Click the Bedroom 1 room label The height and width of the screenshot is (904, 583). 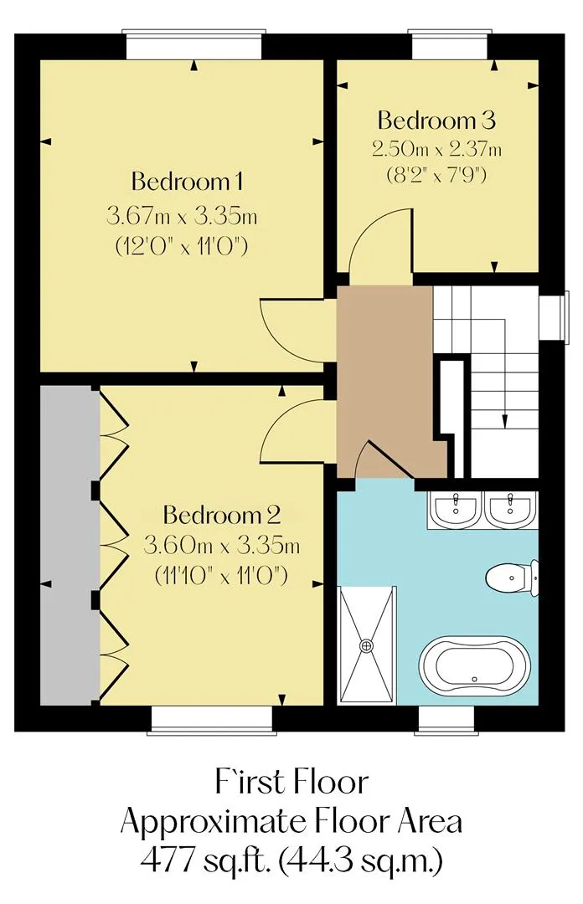click(x=187, y=182)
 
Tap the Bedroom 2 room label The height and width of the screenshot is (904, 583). click(x=222, y=515)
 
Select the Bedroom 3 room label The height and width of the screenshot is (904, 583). click(x=436, y=121)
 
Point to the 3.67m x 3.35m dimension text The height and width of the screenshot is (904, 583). click(x=182, y=217)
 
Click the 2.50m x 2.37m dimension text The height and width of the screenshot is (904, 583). click(x=436, y=149)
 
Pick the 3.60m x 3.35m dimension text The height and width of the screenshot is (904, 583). click(x=222, y=545)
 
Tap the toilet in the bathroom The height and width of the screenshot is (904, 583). click(x=512, y=578)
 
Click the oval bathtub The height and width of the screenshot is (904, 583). click(x=474, y=667)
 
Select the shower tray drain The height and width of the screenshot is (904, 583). click(x=367, y=645)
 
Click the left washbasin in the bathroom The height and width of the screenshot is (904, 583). click(x=457, y=509)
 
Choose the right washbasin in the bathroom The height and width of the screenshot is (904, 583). click(x=510, y=509)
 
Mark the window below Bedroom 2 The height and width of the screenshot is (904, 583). click(x=213, y=721)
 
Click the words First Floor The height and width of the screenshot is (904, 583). click(x=291, y=783)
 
